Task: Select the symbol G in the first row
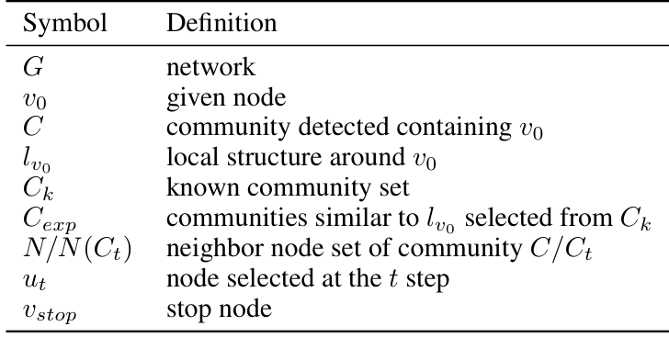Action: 33,67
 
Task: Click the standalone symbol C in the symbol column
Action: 33,118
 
